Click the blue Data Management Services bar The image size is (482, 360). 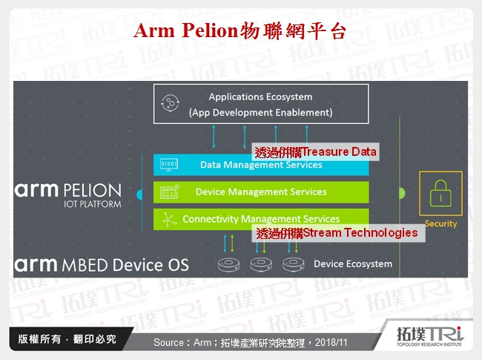(x=261, y=165)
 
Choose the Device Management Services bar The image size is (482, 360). (x=261, y=192)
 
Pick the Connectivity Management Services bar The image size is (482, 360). (x=261, y=219)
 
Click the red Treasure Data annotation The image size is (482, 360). (x=315, y=152)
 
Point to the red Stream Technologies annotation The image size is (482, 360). (x=337, y=233)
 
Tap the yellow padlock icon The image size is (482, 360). (x=440, y=194)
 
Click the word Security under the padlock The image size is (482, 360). (x=440, y=223)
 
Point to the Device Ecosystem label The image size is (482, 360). (x=352, y=264)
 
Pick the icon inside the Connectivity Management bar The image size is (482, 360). (x=170, y=219)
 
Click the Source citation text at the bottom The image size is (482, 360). (x=249, y=343)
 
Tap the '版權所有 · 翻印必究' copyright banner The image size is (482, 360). (x=67, y=339)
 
